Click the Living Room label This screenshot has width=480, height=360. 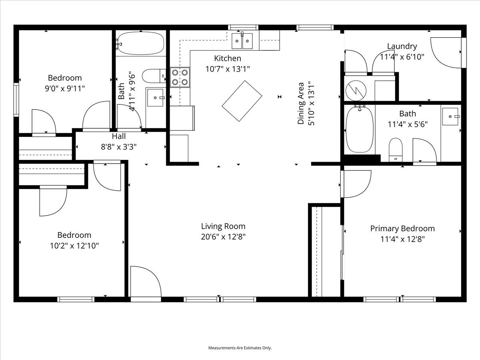223,226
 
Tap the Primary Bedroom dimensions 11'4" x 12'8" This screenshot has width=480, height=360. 402,239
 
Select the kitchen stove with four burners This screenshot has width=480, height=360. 180,77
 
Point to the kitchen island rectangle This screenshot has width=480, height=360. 242,101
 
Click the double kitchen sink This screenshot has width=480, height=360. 242,41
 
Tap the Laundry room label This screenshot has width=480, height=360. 402,46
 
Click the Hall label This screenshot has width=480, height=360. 118,136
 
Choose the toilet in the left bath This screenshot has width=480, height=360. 154,76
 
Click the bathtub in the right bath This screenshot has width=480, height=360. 360,129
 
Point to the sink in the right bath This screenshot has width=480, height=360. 450,116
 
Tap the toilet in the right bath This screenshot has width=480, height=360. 396,150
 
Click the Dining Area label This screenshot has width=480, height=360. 301,103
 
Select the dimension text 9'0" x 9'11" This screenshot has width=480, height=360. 65,88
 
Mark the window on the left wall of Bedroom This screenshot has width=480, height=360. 16,100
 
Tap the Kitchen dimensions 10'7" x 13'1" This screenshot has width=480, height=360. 228,69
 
